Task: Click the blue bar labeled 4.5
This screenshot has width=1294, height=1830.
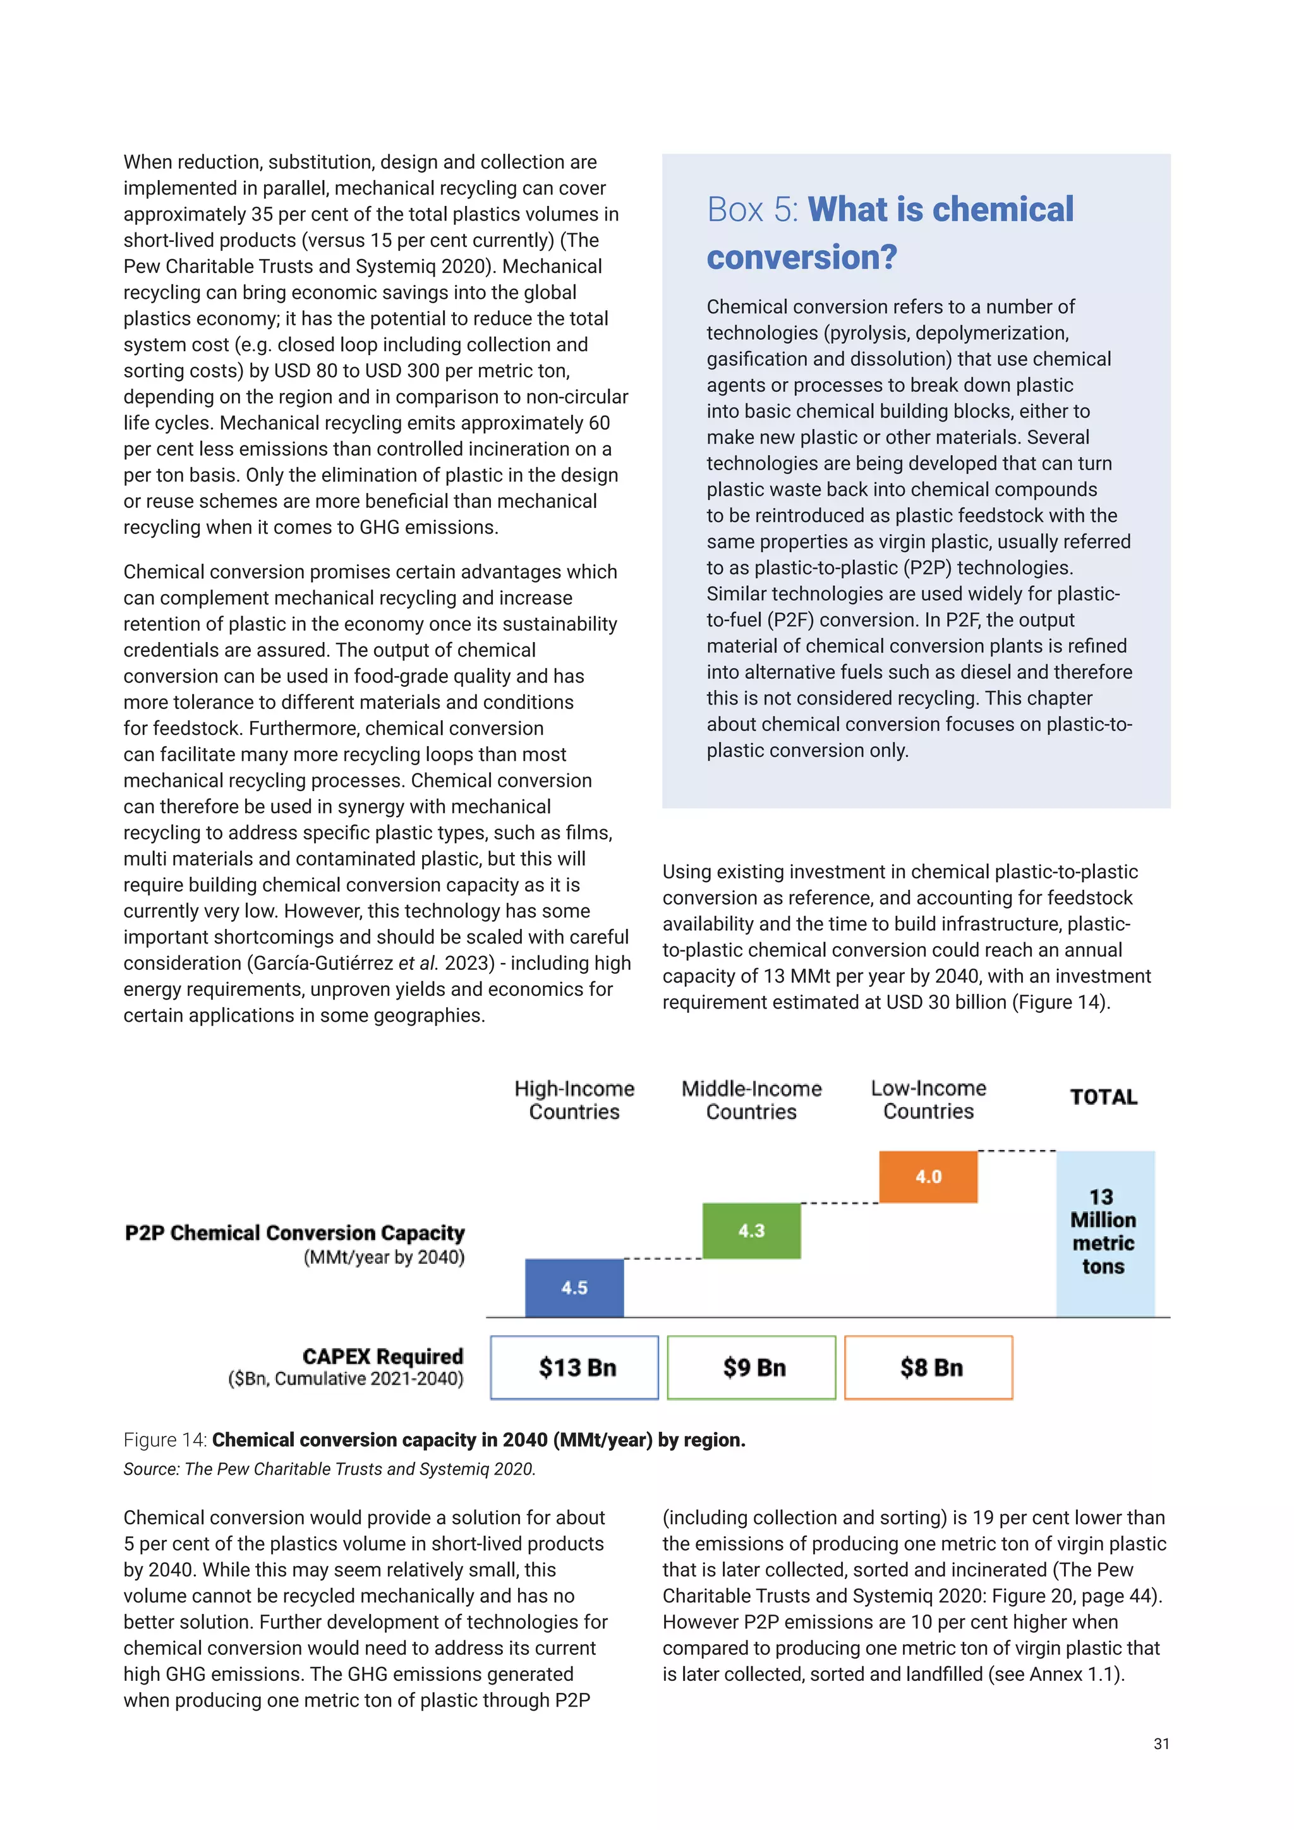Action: tap(574, 1287)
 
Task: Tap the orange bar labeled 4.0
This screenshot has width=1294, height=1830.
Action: tap(928, 1177)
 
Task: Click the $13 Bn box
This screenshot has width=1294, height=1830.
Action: tap(574, 1367)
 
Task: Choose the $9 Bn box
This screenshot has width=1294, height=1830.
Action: tap(751, 1367)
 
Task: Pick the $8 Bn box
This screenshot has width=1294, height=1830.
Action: tap(928, 1367)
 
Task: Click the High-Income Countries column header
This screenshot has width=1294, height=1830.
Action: tap(574, 1100)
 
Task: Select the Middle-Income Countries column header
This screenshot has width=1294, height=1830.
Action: tap(751, 1100)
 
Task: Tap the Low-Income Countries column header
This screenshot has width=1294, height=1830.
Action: tap(928, 1100)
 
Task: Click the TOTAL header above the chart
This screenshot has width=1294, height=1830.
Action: tap(1104, 1098)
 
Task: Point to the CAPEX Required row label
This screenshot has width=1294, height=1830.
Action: tap(382, 1357)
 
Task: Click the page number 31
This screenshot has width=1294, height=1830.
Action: tap(1161, 1744)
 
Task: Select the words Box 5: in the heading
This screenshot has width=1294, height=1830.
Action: tap(752, 210)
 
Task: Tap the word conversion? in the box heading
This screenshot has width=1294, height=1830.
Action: tap(802, 257)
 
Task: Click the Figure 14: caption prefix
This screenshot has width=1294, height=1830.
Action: tap(165, 1439)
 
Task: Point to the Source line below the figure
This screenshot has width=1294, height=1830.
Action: tap(329, 1469)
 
